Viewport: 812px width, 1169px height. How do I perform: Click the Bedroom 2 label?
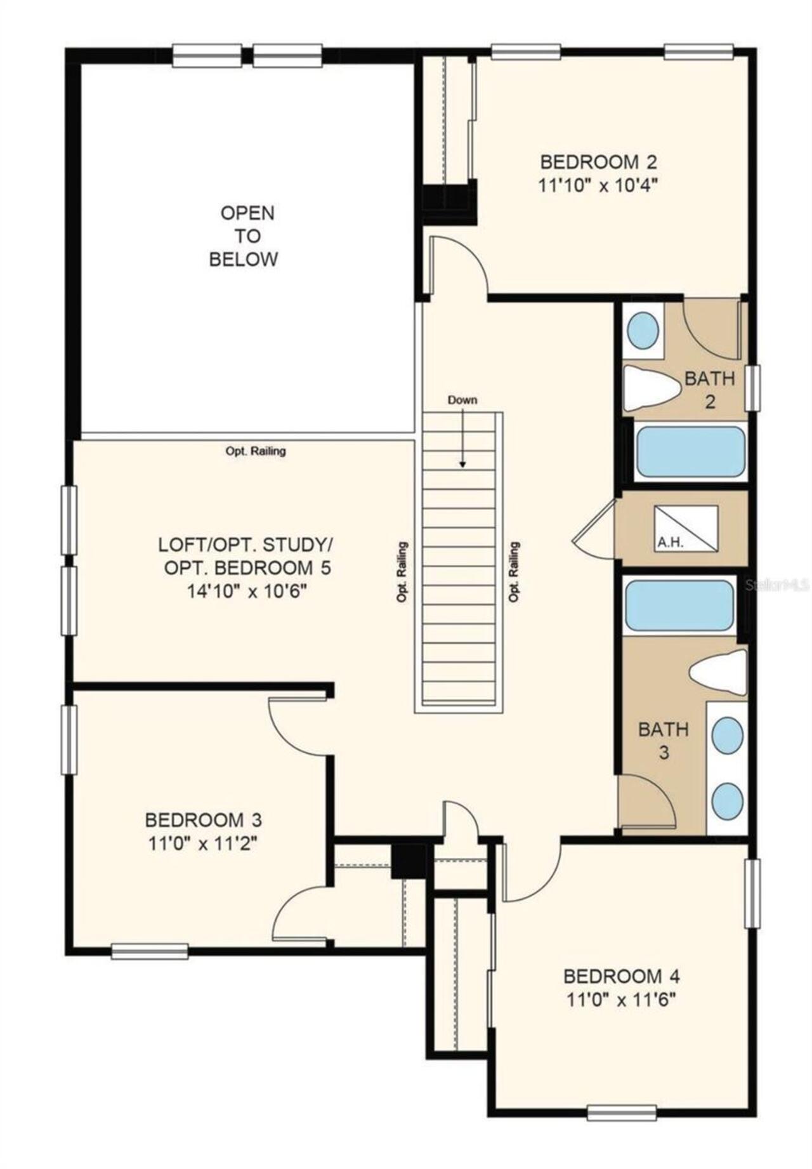(x=598, y=161)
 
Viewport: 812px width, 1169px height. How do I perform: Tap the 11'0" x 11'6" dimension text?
(x=622, y=1001)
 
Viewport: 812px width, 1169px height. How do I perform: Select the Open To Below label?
(x=244, y=235)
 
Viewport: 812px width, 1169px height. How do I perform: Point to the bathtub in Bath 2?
(x=690, y=451)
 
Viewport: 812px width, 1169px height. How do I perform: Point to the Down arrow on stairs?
(x=463, y=439)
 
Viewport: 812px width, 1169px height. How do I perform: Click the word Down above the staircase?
(x=462, y=400)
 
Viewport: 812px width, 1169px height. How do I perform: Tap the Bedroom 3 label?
(x=203, y=820)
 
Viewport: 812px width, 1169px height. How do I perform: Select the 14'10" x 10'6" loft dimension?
(x=247, y=591)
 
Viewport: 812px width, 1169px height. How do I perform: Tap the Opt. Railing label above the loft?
(x=256, y=451)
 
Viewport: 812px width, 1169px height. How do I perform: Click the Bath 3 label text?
(x=663, y=741)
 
